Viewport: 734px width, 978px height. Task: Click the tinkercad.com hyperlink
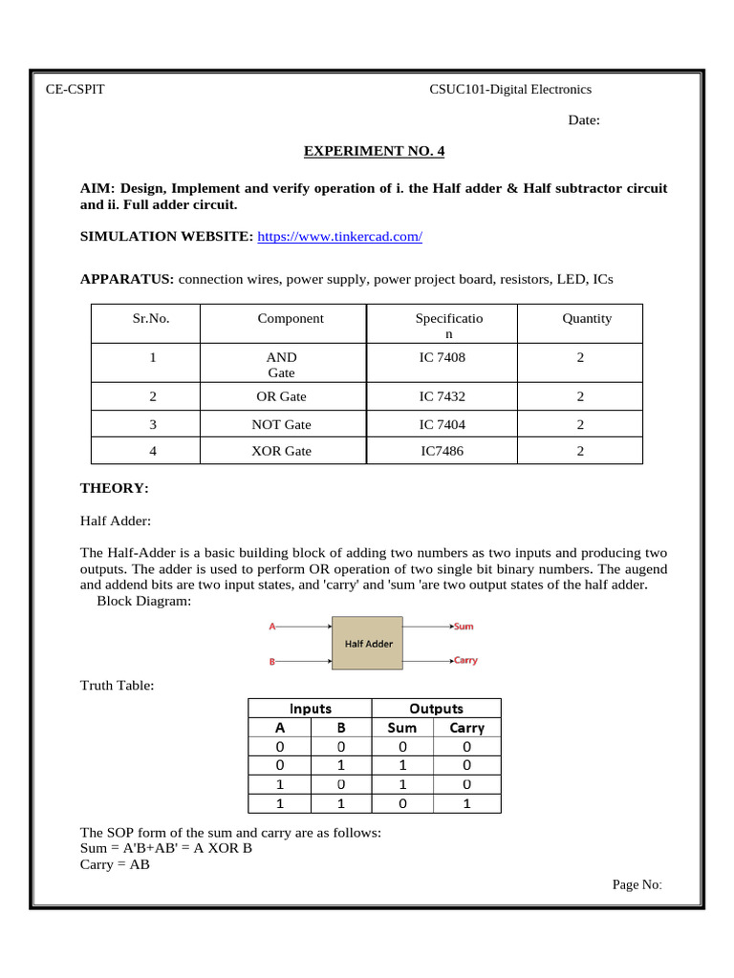coord(339,236)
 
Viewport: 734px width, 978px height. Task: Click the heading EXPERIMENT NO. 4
coord(374,151)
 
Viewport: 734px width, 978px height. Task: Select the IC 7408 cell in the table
coord(443,357)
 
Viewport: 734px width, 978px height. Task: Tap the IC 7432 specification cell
coord(443,396)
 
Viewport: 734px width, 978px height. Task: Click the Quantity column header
coord(587,319)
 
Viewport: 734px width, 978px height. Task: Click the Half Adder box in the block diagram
coord(368,643)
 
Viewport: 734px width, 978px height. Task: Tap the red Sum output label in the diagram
coord(464,627)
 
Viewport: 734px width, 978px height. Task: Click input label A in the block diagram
coord(272,627)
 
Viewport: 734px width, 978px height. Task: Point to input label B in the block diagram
coord(272,661)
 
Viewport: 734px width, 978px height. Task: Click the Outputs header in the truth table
coord(436,709)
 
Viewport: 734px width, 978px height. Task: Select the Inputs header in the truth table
coord(311,709)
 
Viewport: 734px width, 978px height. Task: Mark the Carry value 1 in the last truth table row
coord(467,803)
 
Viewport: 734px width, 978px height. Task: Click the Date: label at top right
coord(584,120)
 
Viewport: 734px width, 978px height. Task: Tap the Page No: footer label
coord(637,884)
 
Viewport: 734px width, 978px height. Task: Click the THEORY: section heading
coord(115,488)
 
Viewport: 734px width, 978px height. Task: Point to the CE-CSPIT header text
coord(76,90)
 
